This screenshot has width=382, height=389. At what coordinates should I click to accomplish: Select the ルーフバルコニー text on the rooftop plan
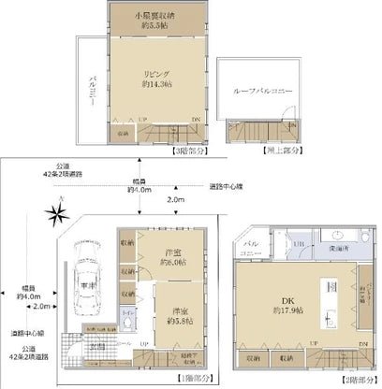[x=252, y=91]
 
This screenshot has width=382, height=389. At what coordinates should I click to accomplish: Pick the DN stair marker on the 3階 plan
[x=194, y=120]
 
